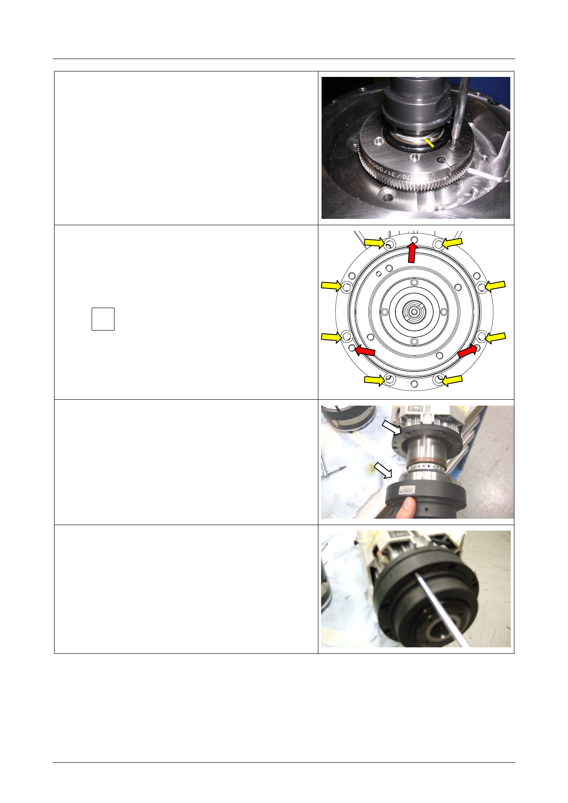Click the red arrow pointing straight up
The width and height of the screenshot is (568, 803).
click(412, 253)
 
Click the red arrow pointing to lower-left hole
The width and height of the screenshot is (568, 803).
click(366, 351)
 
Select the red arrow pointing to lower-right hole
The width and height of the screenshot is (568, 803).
click(467, 351)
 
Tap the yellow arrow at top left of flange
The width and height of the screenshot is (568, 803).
click(374, 242)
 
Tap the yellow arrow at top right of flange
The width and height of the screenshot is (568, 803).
click(452, 242)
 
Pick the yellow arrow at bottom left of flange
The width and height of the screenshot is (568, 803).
click(374, 380)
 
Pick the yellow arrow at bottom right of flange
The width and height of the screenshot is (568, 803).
click(452, 380)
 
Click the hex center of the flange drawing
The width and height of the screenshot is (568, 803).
click(414, 312)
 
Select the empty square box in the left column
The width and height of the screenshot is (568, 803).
click(103, 319)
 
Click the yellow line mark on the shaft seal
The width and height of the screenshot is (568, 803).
click(429, 142)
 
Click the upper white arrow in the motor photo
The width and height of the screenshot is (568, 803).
click(392, 428)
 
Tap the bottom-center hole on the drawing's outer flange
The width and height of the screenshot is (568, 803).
click(414, 384)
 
